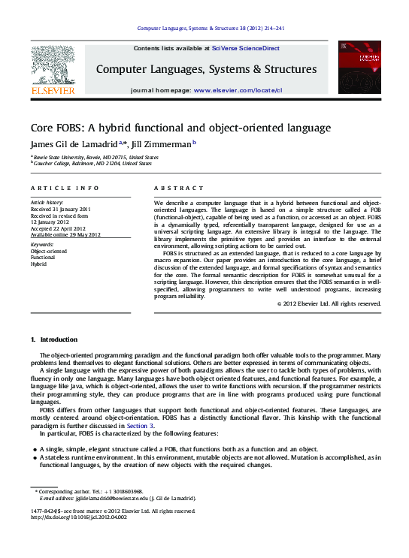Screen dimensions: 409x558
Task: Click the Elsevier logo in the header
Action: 52,69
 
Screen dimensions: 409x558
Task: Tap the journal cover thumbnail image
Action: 359,67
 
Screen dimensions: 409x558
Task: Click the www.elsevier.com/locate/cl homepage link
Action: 238,90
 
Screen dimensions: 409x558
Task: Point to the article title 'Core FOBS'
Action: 180,127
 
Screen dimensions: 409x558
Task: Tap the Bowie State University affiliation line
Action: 95,157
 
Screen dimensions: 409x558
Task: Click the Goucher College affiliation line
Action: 92,163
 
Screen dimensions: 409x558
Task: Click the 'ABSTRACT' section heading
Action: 174,187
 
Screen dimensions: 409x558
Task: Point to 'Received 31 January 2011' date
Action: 60,209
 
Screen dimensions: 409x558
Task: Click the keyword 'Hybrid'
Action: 38,264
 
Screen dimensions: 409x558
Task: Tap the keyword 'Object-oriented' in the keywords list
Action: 47,252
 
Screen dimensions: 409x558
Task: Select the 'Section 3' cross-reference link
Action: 141,425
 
